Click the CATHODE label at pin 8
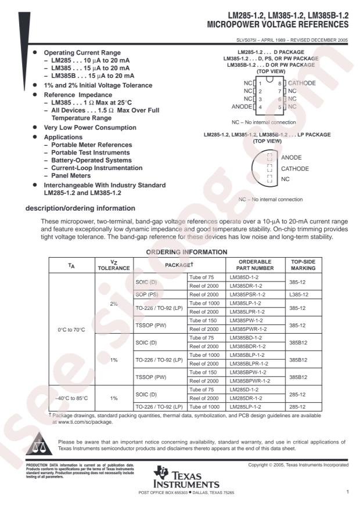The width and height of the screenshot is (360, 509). tap(302, 83)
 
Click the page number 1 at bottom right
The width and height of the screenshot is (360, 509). tap(347, 492)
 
